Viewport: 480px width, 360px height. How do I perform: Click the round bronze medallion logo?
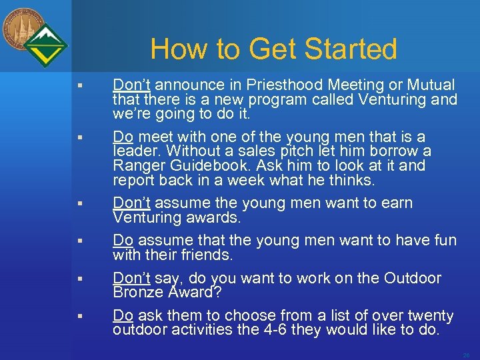(x=22, y=28)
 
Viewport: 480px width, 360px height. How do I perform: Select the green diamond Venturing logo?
(x=45, y=45)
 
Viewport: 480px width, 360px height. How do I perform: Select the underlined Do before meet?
(x=123, y=137)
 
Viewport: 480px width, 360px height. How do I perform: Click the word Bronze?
(x=137, y=292)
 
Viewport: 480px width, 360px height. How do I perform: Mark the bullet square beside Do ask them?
(x=79, y=316)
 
